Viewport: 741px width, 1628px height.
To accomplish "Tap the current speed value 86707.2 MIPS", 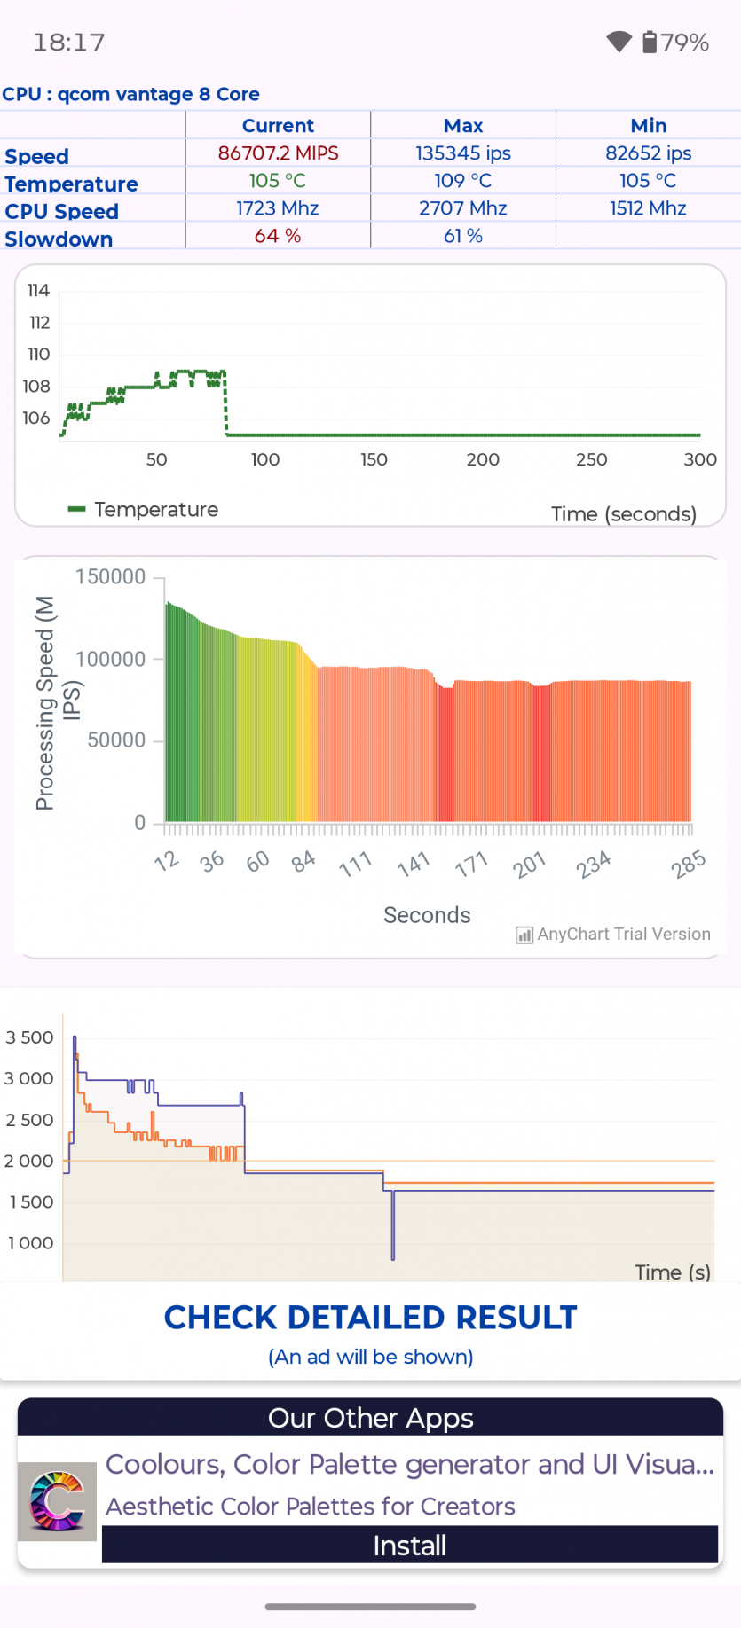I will coord(278,153).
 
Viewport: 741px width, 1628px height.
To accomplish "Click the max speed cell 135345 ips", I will coord(463,153).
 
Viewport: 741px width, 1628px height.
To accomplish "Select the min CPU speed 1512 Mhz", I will coord(648,208).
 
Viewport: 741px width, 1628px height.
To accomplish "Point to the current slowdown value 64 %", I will coord(278,236).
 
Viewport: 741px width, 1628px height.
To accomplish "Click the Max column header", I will coord(463,126).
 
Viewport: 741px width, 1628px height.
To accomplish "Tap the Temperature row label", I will coord(71,184).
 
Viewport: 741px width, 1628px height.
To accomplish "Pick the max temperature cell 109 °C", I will coord(463,181).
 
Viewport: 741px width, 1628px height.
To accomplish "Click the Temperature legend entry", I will coord(144,510).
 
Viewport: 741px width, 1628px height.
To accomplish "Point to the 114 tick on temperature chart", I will coord(38,291).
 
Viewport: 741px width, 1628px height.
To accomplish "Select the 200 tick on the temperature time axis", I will coord(483,459).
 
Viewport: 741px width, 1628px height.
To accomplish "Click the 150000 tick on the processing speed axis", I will coord(111,577).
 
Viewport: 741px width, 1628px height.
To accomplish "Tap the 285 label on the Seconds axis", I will coord(689,864).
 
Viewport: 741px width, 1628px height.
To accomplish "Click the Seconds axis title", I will coord(427,915).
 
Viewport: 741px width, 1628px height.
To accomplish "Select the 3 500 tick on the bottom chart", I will coord(30,1037).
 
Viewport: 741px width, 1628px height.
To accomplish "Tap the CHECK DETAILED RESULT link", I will coord(370,1318).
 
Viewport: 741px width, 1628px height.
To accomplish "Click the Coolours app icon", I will coord(58,1501).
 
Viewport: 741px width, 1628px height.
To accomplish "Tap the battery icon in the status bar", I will coord(650,42).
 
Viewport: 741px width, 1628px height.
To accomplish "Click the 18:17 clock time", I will coord(69,43).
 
